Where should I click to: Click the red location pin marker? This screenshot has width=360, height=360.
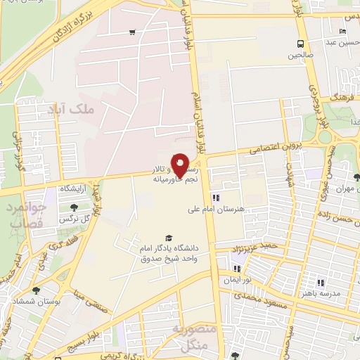tap(180, 165)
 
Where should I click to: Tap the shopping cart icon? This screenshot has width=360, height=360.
tap(131, 32)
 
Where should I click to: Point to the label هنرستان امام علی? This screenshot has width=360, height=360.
tap(214, 209)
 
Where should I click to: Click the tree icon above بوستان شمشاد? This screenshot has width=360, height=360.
tap(36, 290)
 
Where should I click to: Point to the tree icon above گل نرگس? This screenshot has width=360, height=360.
tap(74, 207)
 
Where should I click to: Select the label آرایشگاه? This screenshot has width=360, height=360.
tap(76, 189)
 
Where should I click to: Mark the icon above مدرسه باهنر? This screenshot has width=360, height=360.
tap(321, 282)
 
